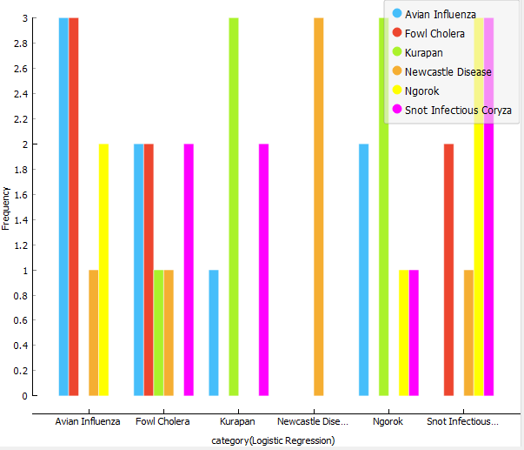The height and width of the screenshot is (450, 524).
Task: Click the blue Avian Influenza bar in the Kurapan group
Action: (214, 332)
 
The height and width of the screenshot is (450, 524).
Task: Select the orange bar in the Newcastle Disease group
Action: (319, 206)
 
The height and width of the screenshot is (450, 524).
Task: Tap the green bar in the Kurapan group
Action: (234, 206)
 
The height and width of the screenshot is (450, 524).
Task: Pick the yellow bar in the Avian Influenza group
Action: (104, 270)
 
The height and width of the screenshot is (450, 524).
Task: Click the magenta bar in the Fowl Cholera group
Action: (189, 270)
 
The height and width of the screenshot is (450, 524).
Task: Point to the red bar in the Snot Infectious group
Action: (448, 270)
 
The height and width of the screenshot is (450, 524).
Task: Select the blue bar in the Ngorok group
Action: (364, 270)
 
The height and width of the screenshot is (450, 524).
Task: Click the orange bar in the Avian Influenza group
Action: (94, 332)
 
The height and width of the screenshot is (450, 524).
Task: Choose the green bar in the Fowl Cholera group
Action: (158, 332)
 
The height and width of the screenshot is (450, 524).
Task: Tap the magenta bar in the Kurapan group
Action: (264, 270)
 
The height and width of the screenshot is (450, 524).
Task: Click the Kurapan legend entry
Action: (423, 53)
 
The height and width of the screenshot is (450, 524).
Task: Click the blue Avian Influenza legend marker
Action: (397, 15)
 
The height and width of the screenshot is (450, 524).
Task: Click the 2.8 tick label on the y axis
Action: (18, 43)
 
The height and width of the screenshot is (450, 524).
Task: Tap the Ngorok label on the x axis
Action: (388, 421)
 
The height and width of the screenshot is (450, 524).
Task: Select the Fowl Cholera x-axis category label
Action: (163, 421)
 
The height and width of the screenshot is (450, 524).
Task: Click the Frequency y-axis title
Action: (6, 207)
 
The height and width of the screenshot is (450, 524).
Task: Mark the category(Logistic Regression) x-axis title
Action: (273, 440)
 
